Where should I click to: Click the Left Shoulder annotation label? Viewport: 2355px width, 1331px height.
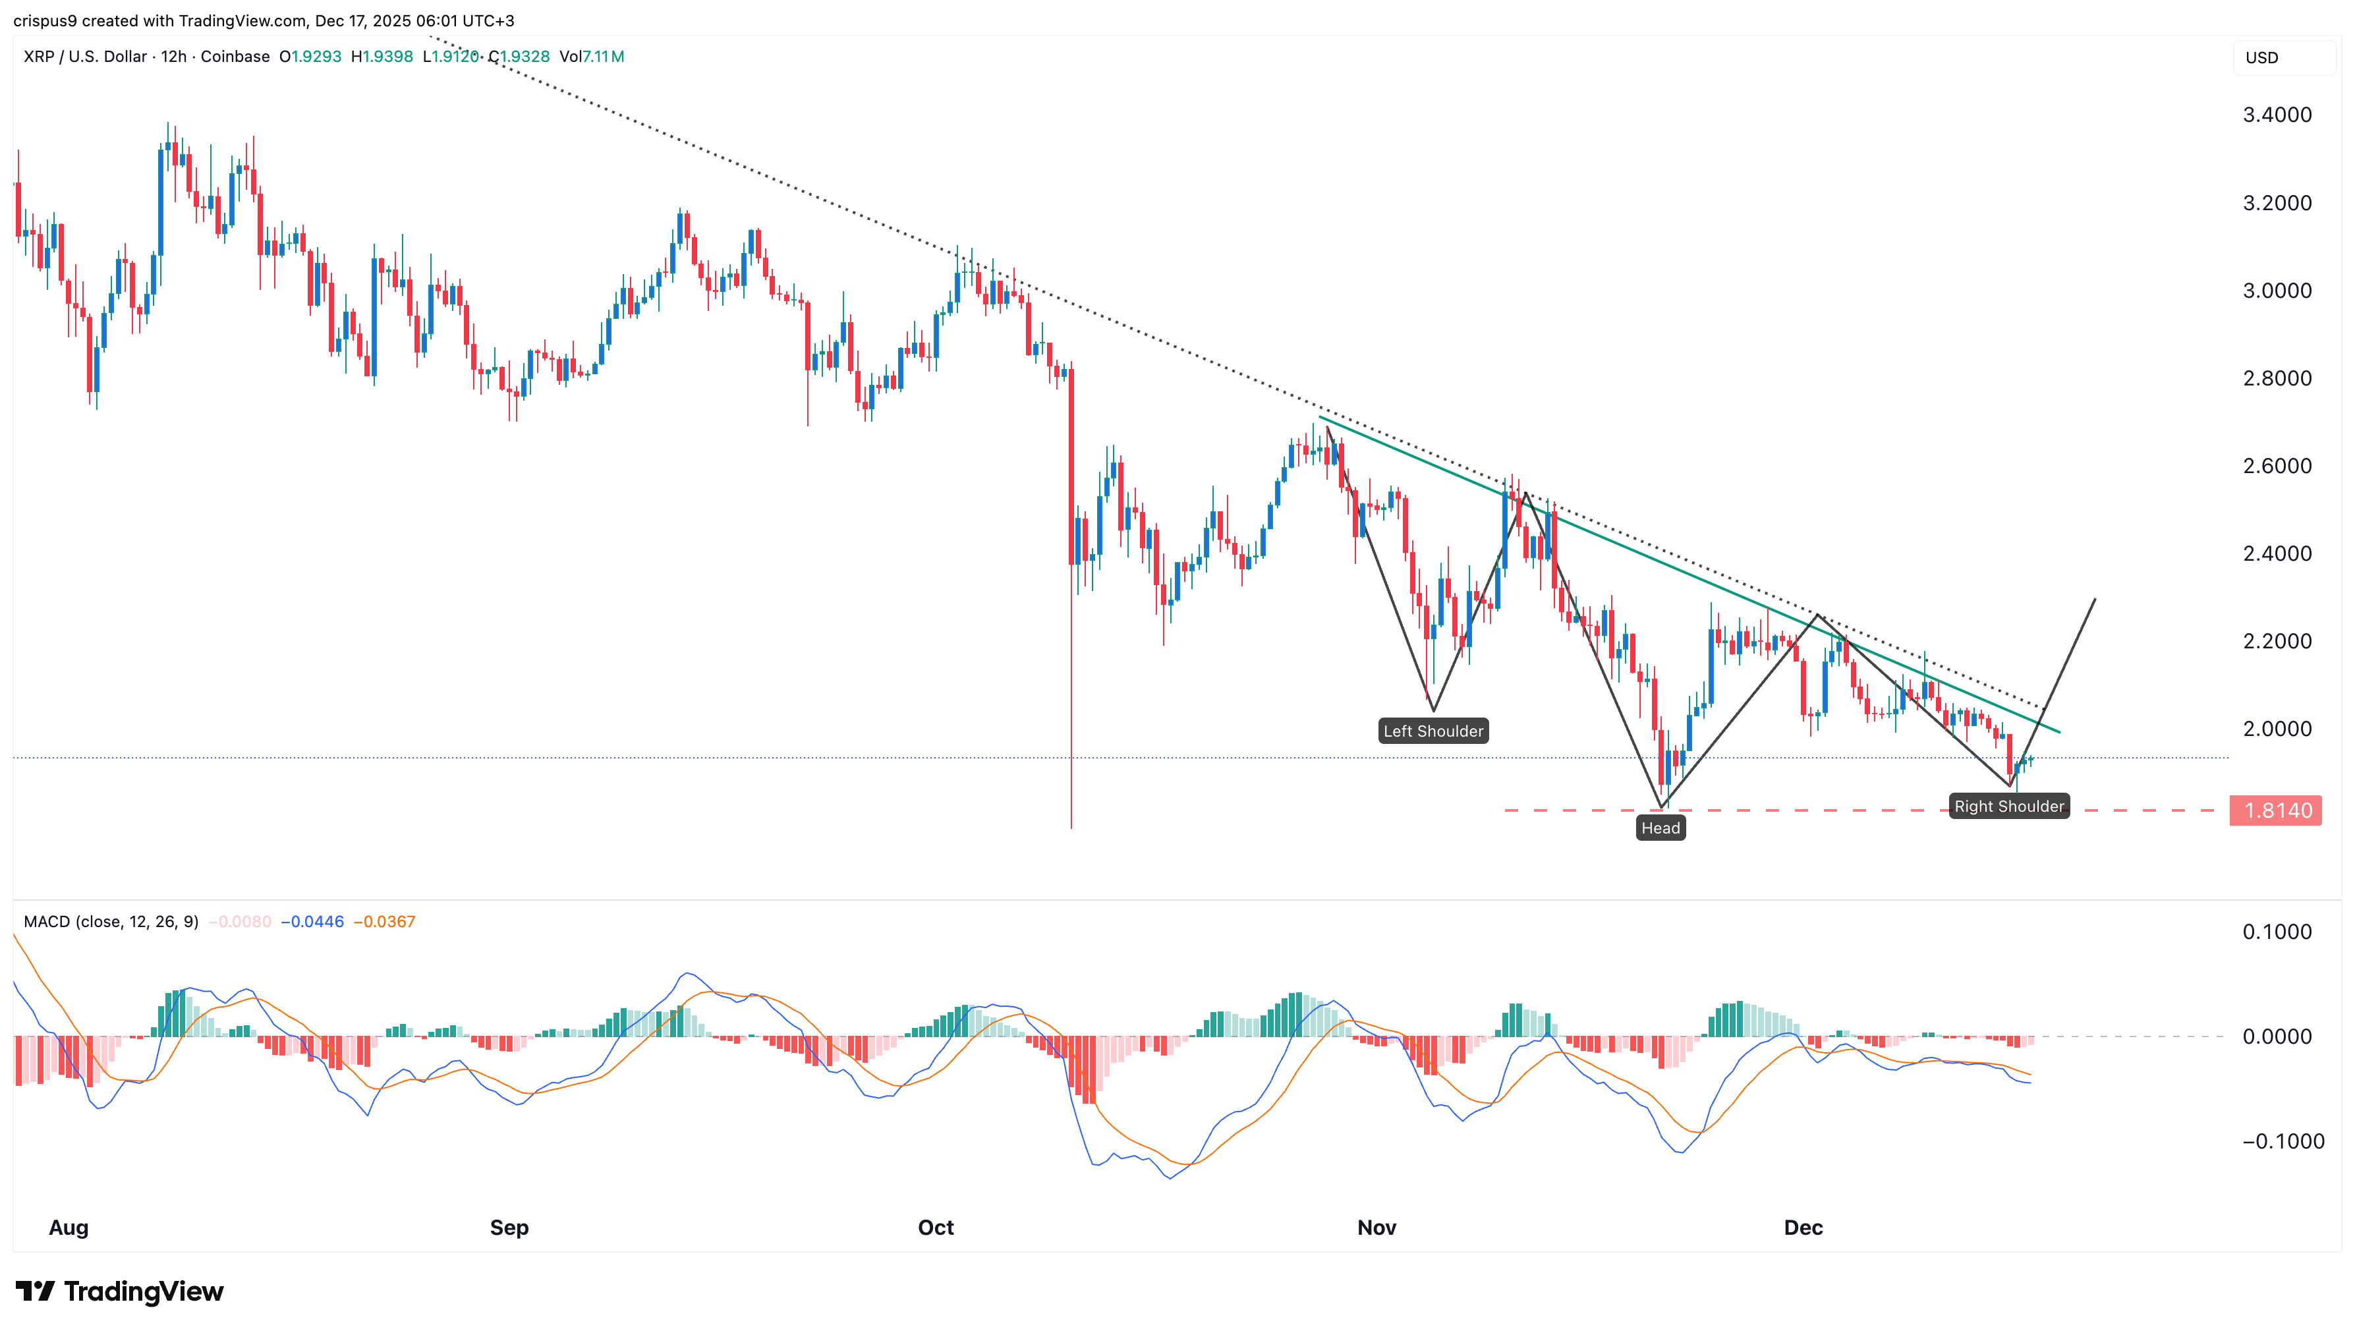(1433, 731)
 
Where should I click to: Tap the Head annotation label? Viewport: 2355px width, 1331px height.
(1660, 828)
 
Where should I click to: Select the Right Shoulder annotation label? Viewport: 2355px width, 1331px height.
(2008, 807)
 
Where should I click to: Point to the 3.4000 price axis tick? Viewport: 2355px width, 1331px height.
(2277, 115)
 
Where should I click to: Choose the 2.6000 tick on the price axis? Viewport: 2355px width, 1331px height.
(2277, 467)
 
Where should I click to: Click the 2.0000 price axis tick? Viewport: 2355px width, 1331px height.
(2277, 729)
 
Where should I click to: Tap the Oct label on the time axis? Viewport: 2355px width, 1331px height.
(935, 1228)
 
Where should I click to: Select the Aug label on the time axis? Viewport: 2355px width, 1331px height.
(69, 1228)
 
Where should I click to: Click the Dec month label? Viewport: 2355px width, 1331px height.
(1803, 1228)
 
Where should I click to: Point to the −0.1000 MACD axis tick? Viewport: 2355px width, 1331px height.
(2282, 1142)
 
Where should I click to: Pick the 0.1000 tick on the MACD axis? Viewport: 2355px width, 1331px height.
(2277, 932)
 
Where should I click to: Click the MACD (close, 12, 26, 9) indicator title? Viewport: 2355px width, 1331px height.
(111, 921)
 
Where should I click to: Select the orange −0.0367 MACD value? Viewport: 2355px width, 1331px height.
(384, 921)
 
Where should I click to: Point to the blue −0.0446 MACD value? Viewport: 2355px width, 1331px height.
(312, 921)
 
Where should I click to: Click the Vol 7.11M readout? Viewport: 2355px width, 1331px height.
(592, 57)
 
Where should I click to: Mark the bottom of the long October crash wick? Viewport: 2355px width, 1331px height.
(1071, 828)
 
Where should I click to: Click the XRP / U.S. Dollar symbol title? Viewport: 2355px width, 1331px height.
(85, 57)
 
